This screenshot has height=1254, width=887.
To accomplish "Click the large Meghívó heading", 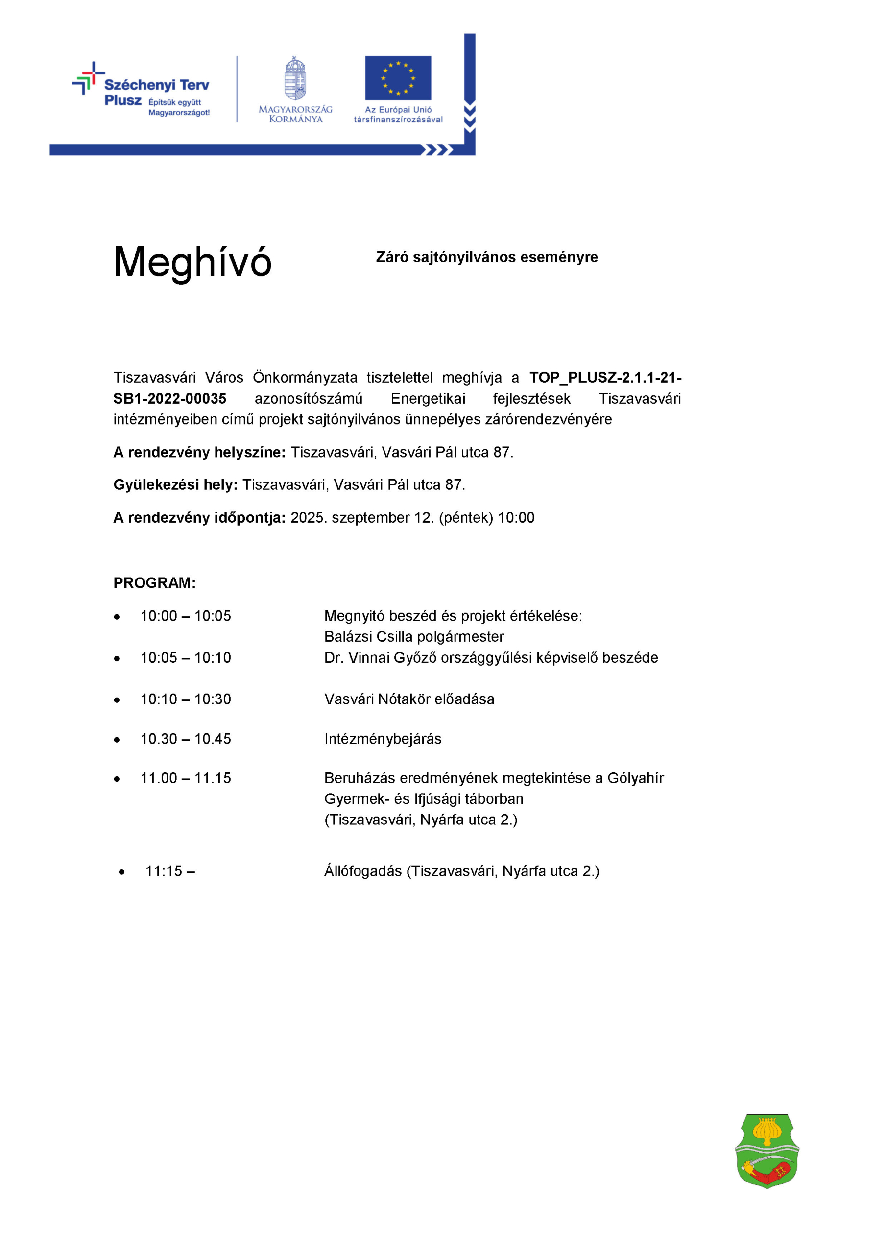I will coord(192,263).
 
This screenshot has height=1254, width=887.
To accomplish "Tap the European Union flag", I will coord(398,78).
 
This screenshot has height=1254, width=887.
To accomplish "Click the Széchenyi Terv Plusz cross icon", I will coord(88,78).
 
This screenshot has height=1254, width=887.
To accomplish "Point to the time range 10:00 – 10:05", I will coord(186,616).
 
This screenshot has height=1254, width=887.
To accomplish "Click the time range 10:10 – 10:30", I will coord(186,699).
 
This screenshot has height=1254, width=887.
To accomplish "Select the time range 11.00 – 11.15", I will coord(186,778).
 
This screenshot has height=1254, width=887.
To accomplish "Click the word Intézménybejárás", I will coord(383,739).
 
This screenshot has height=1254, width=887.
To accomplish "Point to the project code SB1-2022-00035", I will coord(170,399).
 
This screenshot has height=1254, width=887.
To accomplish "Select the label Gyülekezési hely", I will coord(175,485).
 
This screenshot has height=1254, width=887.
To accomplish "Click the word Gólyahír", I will coord(636,778).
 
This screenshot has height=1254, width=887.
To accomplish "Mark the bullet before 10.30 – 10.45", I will coord(117,740).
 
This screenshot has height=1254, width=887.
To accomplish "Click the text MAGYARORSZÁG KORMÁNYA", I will coord(295,114).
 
